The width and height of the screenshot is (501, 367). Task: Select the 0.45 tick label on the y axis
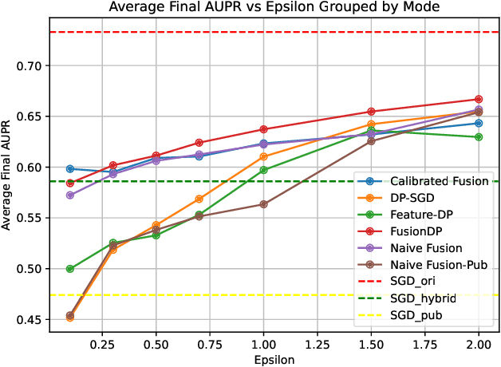[x=37, y=319]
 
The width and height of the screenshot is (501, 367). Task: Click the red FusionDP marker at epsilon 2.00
[x=479, y=100]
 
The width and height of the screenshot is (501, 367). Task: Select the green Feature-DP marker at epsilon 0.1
[x=70, y=269]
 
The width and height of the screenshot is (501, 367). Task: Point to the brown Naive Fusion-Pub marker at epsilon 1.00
[x=264, y=204]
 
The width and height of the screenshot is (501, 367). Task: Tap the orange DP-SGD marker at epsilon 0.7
[x=199, y=199]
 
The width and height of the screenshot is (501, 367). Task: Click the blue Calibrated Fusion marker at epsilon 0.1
[x=70, y=169]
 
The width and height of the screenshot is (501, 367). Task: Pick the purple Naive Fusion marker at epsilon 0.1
[x=70, y=195]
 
